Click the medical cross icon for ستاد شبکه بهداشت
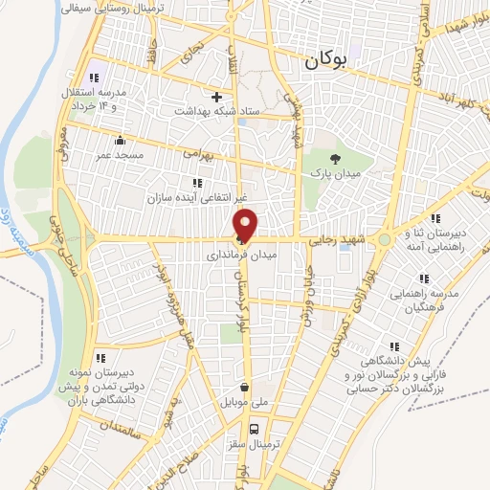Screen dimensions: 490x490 tap(217, 97)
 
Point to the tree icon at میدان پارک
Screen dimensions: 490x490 tap(334, 159)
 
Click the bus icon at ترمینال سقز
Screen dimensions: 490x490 tap(256, 430)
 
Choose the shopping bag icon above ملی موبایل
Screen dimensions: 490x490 tap(245, 389)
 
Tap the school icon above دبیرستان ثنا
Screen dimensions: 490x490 tap(434, 218)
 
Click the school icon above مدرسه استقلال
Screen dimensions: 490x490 tap(93, 78)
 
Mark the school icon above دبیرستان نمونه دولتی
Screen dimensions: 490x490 tap(100, 359)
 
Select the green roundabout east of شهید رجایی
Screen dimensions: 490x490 tap(385, 239)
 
